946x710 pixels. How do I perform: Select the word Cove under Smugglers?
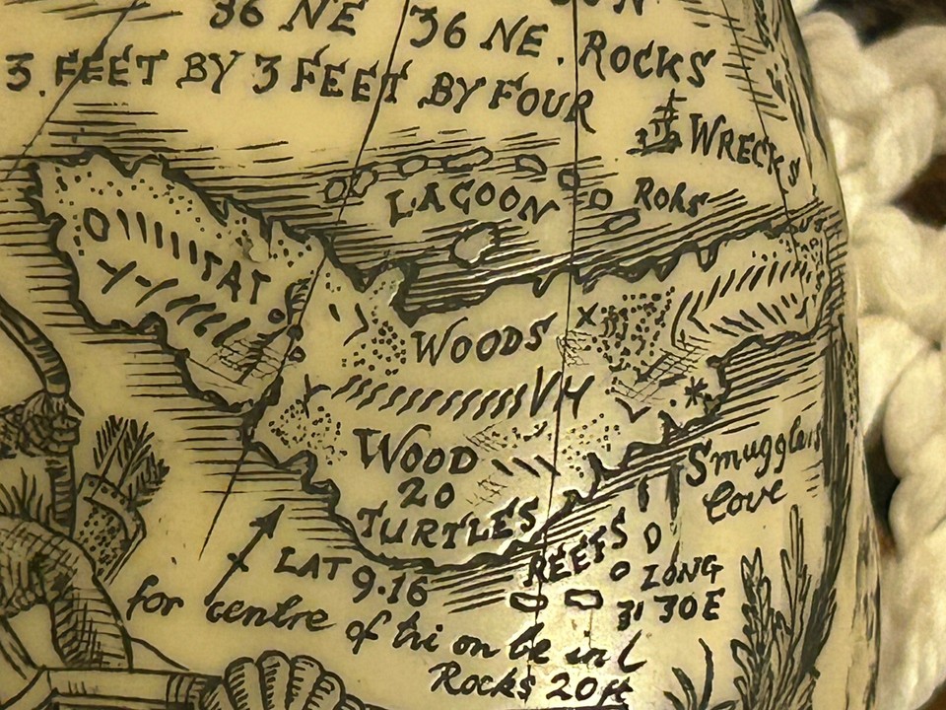point(743,498)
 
